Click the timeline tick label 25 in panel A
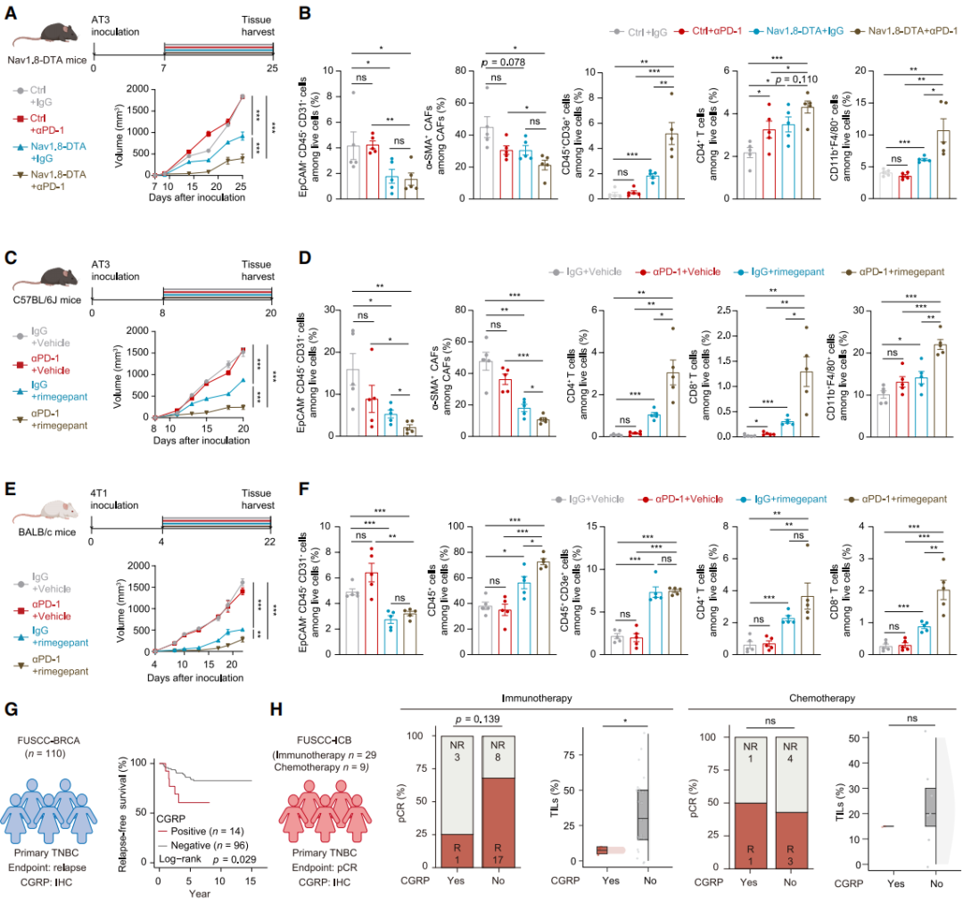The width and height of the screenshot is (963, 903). pyautogui.click(x=273, y=68)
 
